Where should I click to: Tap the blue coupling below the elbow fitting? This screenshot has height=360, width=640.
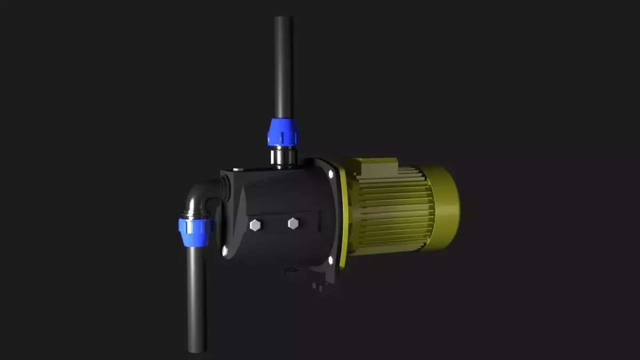(x=196, y=231)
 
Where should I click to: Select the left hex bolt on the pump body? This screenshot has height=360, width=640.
(x=255, y=225)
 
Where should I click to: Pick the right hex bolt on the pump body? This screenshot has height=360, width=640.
(x=293, y=223)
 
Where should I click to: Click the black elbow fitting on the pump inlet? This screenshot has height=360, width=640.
(x=202, y=197)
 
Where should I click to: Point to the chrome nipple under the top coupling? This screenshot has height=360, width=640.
(x=283, y=156)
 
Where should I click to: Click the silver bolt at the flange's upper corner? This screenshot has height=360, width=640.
(x=331, y=174)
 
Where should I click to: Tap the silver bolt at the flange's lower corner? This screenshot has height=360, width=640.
(x=331, y=260)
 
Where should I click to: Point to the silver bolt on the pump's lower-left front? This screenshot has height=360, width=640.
(x=225, y=249)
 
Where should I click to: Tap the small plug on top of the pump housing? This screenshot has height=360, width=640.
(x=238, y=169)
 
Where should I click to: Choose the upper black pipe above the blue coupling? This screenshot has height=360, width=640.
(x=283, y=69)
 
